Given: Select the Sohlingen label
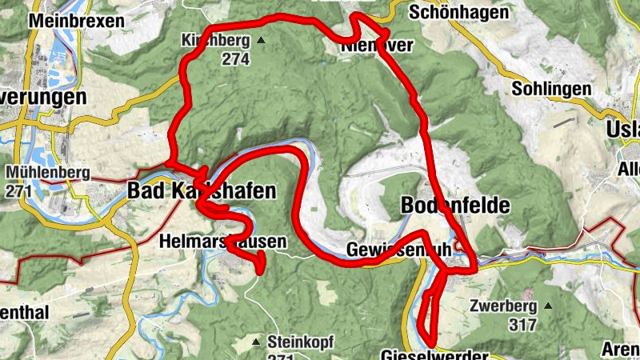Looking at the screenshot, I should (x=551, y=88).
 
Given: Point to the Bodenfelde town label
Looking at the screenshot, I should (x=454, y=206).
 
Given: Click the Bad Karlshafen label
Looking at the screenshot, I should (x=202, y=191).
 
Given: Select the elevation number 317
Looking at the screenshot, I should (x=521, y=325).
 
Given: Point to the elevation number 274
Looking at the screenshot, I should (x=236, y=59).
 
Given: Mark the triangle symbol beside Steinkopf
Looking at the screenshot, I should (x=256, y=342).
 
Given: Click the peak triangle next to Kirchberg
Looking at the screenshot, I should (x=260, y=40).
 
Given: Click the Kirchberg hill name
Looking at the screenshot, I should (x=215, y=40).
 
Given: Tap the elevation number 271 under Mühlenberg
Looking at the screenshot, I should (x=18, y=191).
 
